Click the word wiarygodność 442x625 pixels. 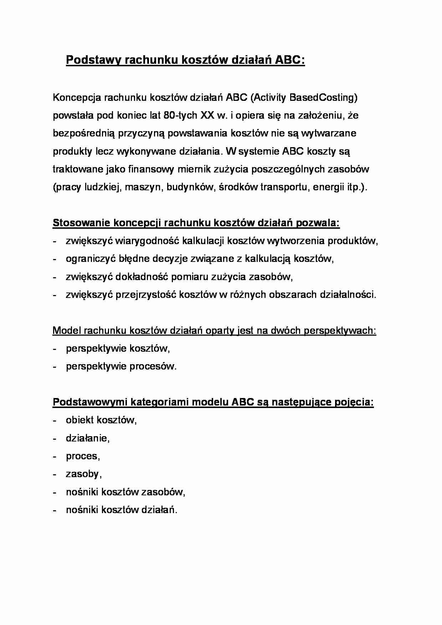pos(147,241)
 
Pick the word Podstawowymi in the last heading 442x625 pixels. pos(91,402)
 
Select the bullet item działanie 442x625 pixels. pos(87,438)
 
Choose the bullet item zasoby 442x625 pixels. pos(83,474)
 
